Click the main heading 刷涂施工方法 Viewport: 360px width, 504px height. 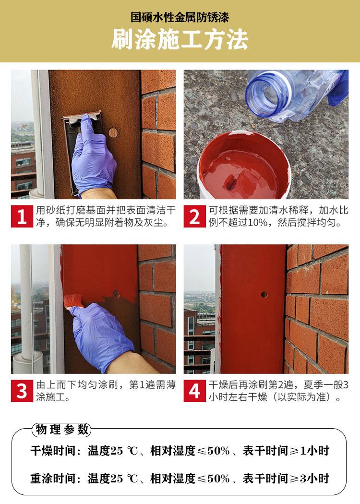(180, 40)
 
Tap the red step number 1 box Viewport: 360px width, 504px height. (22, 216)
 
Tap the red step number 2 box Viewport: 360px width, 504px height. (195, 216)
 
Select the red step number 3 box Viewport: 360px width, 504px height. (22, 391)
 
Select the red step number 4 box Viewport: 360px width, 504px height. (195, 391)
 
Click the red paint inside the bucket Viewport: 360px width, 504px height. (240, 173)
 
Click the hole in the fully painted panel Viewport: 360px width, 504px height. (264, 294)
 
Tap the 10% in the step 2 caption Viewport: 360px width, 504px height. (258, 223)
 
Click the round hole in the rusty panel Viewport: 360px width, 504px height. (113, 133)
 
